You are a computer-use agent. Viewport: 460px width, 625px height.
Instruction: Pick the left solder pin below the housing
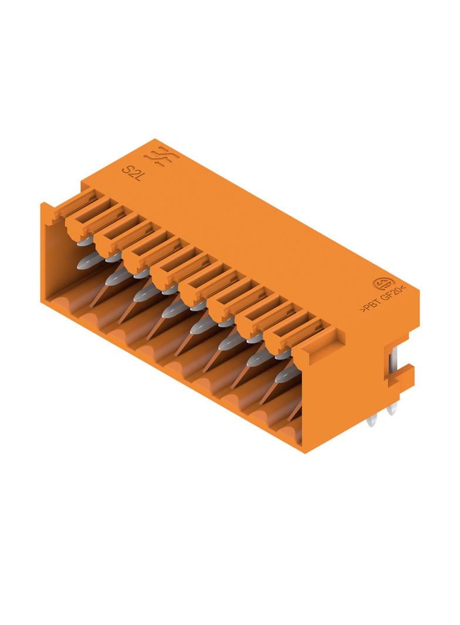[373, 419]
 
